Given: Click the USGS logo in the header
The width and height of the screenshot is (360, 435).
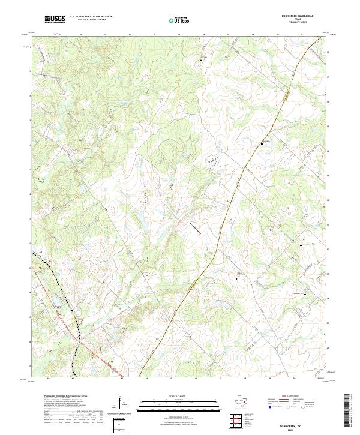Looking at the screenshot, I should (55, 19).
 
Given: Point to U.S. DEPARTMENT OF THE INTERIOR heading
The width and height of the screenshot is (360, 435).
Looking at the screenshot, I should (91, 17).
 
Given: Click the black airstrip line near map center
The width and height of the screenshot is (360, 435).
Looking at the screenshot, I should (196, 227).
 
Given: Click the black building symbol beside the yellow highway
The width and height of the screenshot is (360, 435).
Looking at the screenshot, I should (262, 143).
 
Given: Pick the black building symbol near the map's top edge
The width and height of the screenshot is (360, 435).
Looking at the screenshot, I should (202, 59).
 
